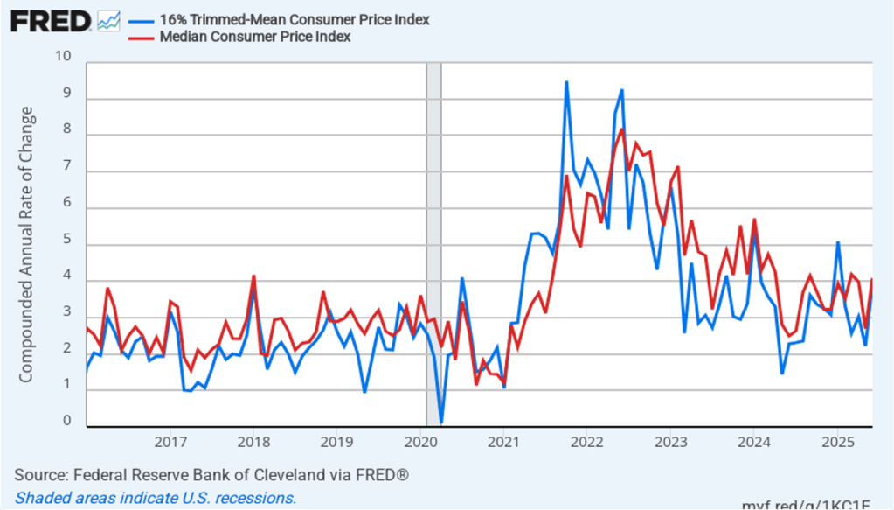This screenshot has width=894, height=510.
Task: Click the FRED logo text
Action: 50,21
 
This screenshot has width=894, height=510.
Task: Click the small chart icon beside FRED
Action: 109,21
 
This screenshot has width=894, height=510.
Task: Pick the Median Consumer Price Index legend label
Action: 254,37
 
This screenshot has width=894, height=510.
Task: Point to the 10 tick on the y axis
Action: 63,57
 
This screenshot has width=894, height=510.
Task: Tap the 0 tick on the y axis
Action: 67,421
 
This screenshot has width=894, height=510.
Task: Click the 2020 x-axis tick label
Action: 420,440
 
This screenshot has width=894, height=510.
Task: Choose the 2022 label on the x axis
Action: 587,440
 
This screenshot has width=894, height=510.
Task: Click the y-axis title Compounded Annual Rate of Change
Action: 26,244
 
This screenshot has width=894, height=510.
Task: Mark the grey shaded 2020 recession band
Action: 433,244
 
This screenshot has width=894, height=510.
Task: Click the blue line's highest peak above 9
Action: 566,82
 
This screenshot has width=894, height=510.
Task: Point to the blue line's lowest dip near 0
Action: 441,423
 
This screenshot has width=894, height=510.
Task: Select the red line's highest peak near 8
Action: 621,129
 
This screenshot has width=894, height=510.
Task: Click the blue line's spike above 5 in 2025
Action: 837,242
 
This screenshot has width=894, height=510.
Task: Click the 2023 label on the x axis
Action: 670,440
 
